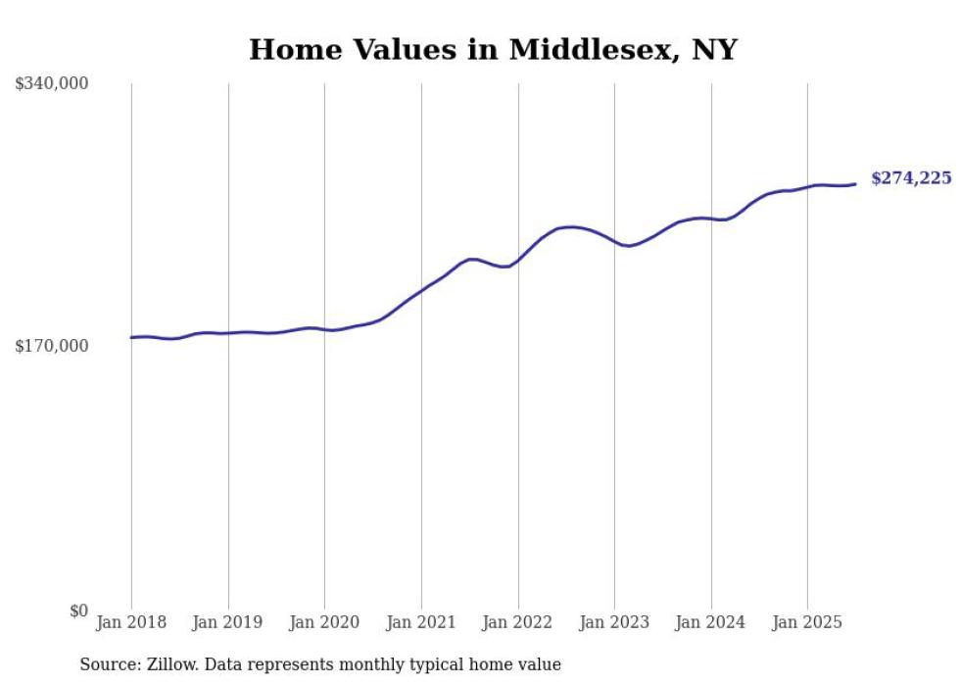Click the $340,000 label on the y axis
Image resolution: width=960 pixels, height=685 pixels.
(52, 84)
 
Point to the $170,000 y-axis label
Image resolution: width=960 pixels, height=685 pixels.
(52, 346)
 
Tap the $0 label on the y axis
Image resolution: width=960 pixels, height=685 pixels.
(79, 611)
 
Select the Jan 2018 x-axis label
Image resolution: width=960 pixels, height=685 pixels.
(131, 622)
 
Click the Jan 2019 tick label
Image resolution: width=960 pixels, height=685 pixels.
(228, 622)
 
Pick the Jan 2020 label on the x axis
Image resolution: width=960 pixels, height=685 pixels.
(324, 622)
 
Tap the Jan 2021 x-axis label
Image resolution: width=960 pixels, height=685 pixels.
(421, 622)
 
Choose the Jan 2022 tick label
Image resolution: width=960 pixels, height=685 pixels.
(517, 622)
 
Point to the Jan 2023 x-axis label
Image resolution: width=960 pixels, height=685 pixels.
(614, 622)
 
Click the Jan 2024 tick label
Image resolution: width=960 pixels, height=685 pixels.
(711, 622)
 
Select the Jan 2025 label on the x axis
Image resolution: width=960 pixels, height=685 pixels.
(807, 622)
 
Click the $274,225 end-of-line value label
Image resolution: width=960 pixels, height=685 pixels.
(911, 178)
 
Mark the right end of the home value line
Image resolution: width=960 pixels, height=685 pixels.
(855, 183)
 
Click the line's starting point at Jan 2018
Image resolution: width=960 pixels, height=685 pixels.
(131, 337)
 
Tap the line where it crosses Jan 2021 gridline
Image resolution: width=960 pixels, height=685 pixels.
(421, 290)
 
